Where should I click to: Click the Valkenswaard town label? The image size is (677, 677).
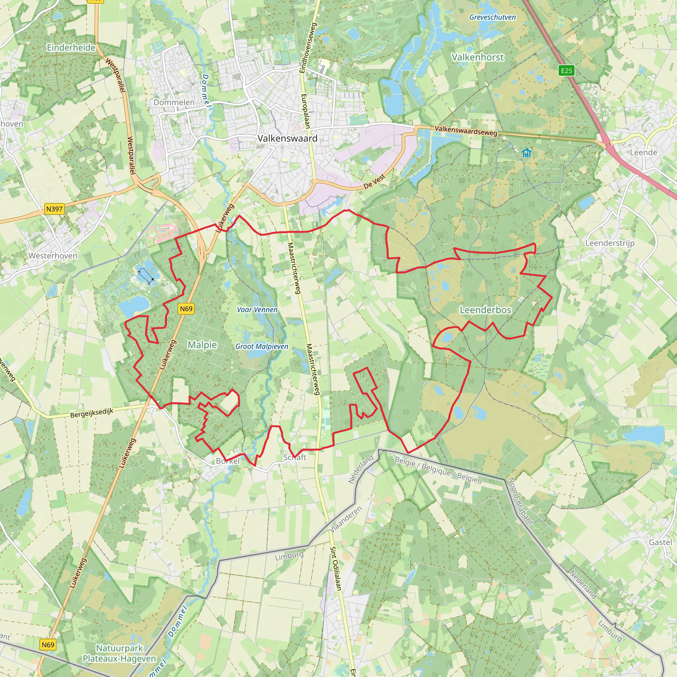(x=287, y=139)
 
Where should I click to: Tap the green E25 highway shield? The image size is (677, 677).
(x=566, y=71)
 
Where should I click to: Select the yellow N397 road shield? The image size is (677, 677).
(x=54, y=209)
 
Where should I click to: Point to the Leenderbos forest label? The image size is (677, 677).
(x=485, y=310)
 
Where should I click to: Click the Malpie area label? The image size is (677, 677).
(x=202, y=345)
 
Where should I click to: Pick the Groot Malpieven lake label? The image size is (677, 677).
(x=262, y=346)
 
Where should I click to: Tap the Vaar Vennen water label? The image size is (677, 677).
(x=257, y=310)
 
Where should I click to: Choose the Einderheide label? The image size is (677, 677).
(x=71, y=48)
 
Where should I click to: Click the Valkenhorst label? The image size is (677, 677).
(x=477, y=57)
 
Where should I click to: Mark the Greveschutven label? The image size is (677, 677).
(x=492, y=17)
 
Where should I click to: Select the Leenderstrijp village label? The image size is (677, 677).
(x=610, y=243)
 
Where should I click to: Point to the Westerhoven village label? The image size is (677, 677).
(x=53, y=256)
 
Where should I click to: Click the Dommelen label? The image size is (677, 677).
(x=174, y=102)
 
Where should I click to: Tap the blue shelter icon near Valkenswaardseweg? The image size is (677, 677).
(x=526, y=153)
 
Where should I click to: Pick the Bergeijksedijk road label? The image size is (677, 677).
(x=92, y=413)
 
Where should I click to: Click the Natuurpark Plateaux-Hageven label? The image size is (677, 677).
(x=119, y=654)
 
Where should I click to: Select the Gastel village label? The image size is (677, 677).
(x=660, y=542)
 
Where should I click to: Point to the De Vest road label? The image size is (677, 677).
(x=374, y=181)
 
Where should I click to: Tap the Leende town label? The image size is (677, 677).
(x=643, y=152)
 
